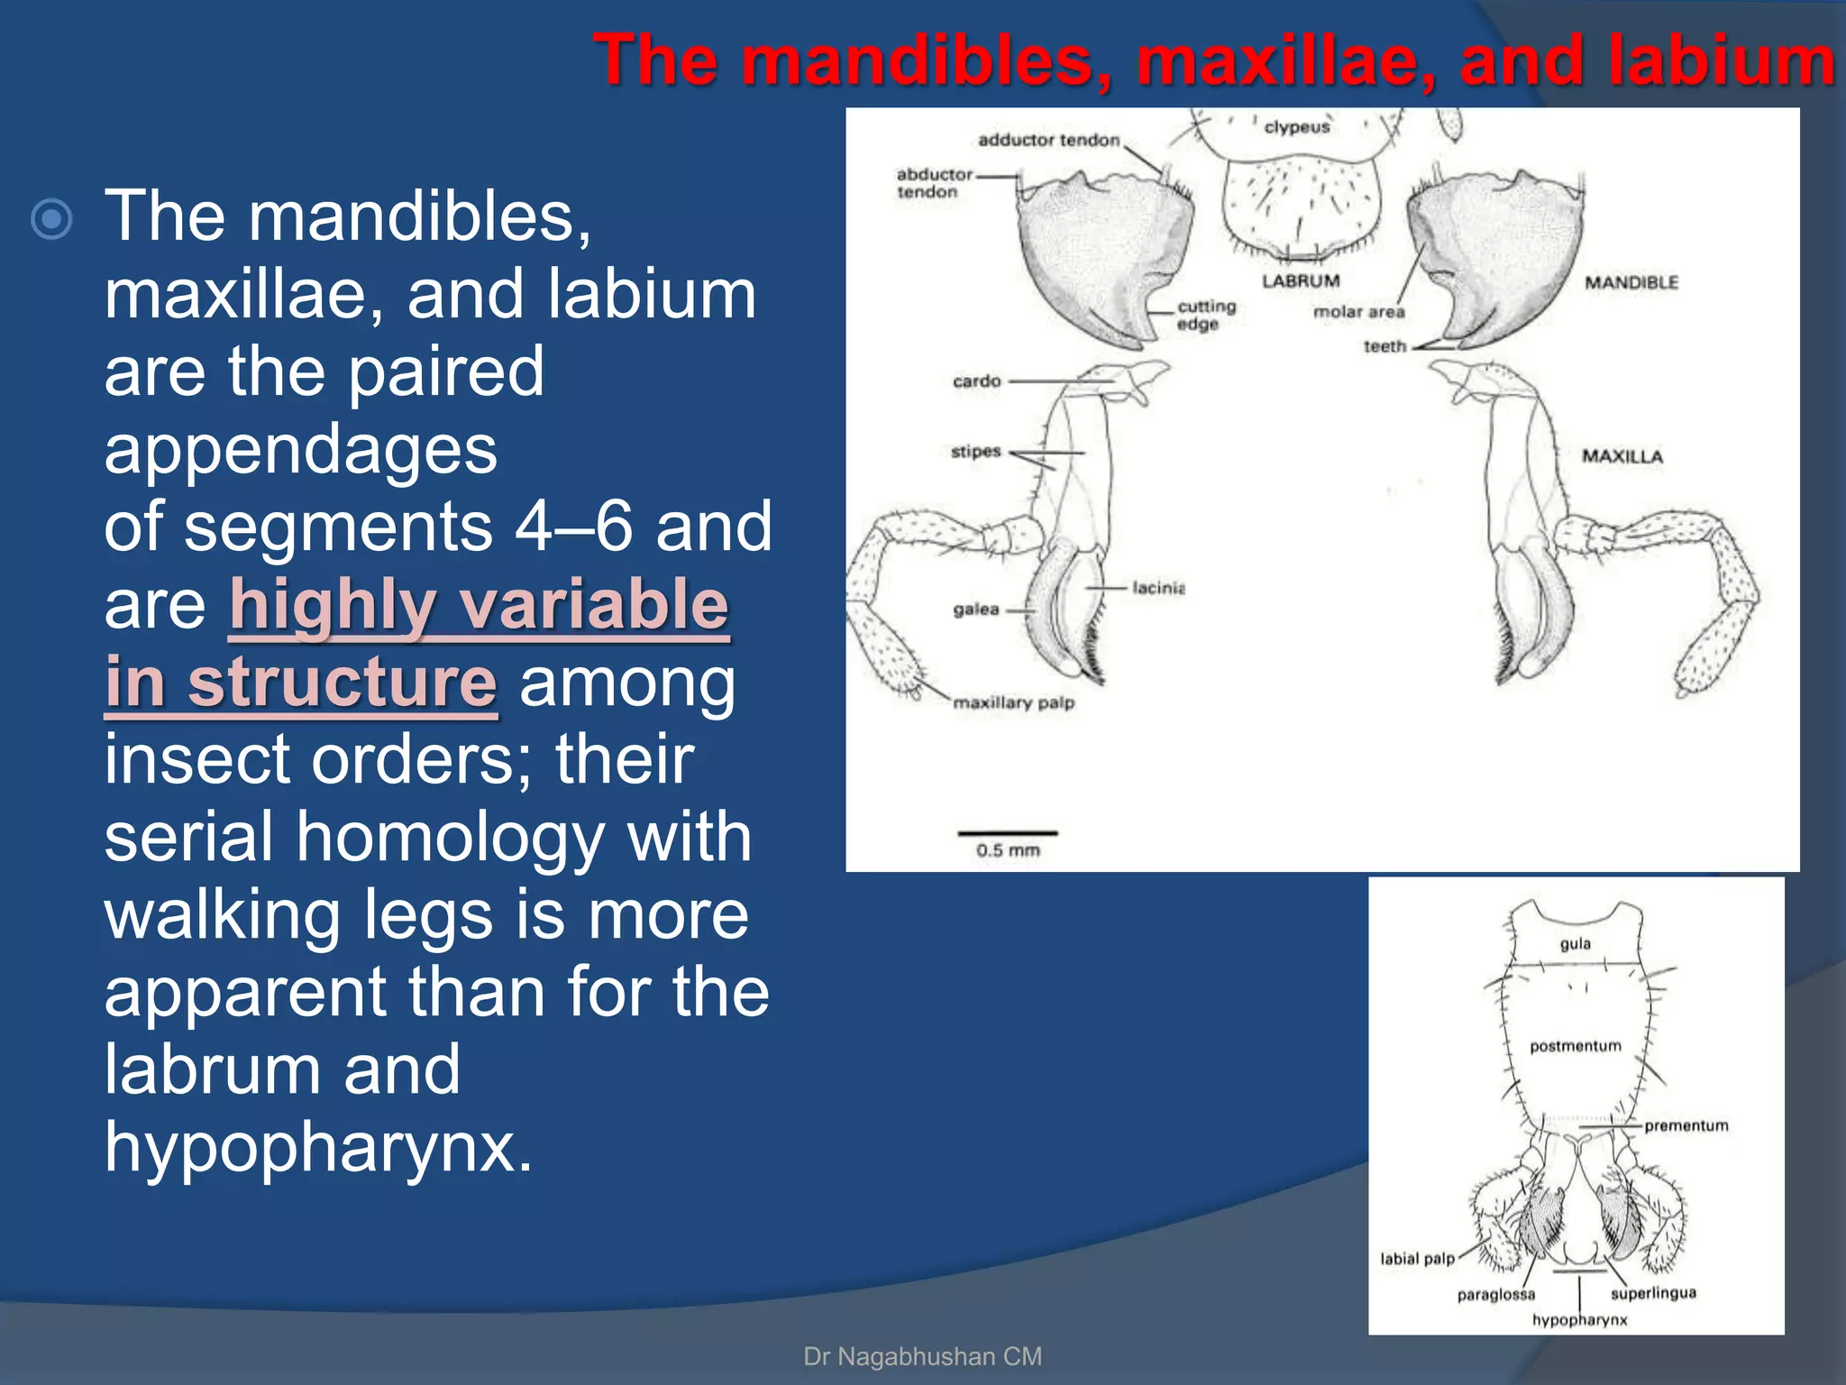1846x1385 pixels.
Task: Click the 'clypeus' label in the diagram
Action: pyautogui.click(x=1296, y=127)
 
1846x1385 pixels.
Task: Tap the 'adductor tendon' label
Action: pyautogui.click(x=1048, y=140)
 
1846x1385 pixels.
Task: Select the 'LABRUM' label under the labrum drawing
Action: pyautogui.click(x=1301, y=281)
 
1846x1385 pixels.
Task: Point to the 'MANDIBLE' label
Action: pyautogui.click(x=1631, y=283)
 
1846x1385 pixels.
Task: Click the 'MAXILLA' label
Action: pyautogui.click(x=1622, y=456)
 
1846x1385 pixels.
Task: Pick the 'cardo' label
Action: pyautogui.click(x=976, y=381)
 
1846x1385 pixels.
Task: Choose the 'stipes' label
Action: pyautogui.click(x=975, y=451)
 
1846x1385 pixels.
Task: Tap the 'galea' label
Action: pyautogui.click(x=975, y=610)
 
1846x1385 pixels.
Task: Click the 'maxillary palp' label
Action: pyautogui.click(x=1013, y=702)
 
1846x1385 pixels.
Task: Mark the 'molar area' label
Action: pyautogui.click(x=1358, y=312)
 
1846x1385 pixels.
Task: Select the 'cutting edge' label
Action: pyautogui.click(x=1206, y=315)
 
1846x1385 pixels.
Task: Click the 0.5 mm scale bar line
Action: pyautogui.click(x=1007, y=832)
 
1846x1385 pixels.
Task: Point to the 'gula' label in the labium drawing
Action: pyautogui.click(x=1575, y=944)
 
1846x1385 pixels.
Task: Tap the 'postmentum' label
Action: pyautogui.click(x=1575, y=1046)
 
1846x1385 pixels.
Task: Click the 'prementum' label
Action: pyautogui.click(x=1686, y=1125)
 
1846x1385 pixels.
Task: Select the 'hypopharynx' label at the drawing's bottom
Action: pyautogui.click(x=1579, y=1320)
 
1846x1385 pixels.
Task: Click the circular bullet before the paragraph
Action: pyautogui.click(x=51, y=218)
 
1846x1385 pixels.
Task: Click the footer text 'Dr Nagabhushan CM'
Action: pyautogui.click(x=922, y=1356)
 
